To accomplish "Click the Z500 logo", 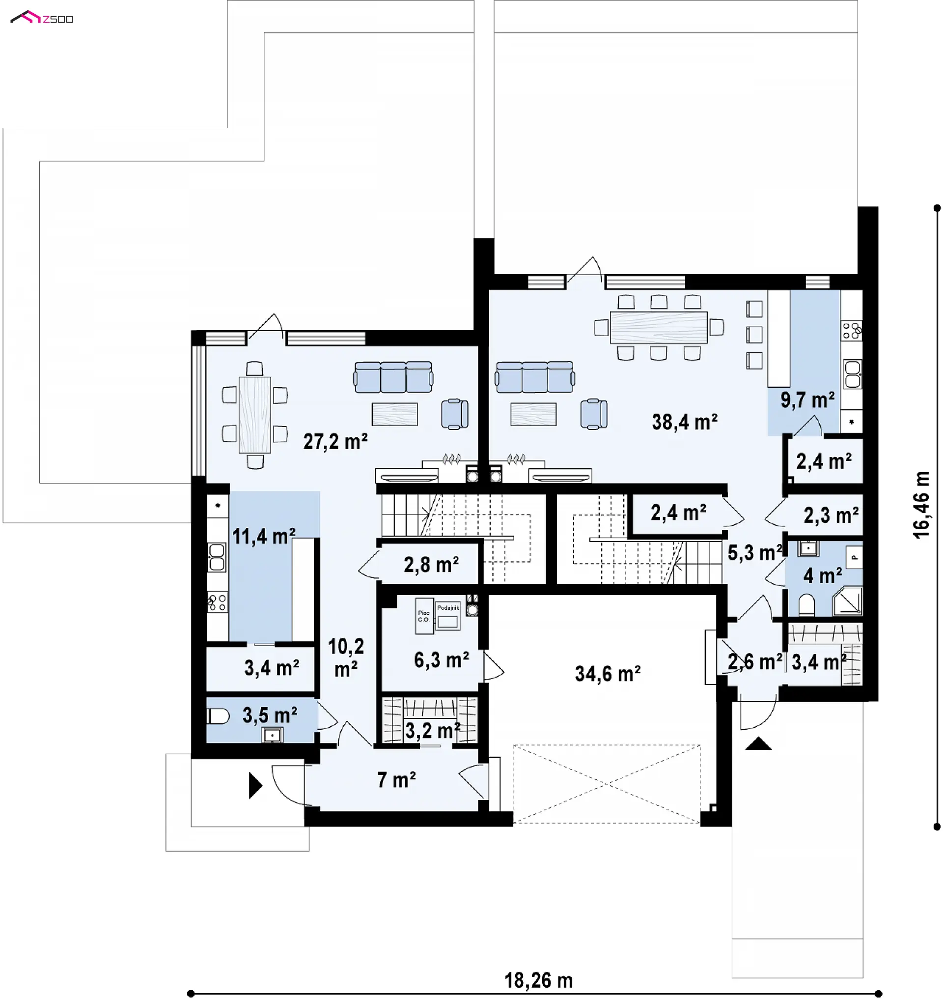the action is click(42, 18).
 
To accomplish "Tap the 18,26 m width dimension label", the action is click(538, 980).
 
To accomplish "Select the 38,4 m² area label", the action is click(685, 422).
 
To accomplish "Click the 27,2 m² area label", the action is click(335, 442).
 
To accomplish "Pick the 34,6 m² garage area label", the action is click(608, 674).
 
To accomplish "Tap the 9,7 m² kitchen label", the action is click(807, 400).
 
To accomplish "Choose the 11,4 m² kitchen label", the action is click(263, 536).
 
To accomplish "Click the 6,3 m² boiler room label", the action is click(442, 660).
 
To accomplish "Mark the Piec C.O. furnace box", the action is click(424, 616).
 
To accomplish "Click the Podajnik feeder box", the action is click(447, 616).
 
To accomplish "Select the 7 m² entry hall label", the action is click(397, 780).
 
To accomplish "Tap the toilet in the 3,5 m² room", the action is click(218, 716).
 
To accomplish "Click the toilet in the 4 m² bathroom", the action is click(806, 605).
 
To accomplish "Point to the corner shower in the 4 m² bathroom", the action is click(848, 601).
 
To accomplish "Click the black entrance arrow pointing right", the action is click(255, 786).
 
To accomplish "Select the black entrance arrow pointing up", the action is click(758, 744).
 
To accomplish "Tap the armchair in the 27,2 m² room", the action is click(455, 414).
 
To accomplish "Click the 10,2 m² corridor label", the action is click(346, 657).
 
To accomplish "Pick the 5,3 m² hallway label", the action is click(755, 553).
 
